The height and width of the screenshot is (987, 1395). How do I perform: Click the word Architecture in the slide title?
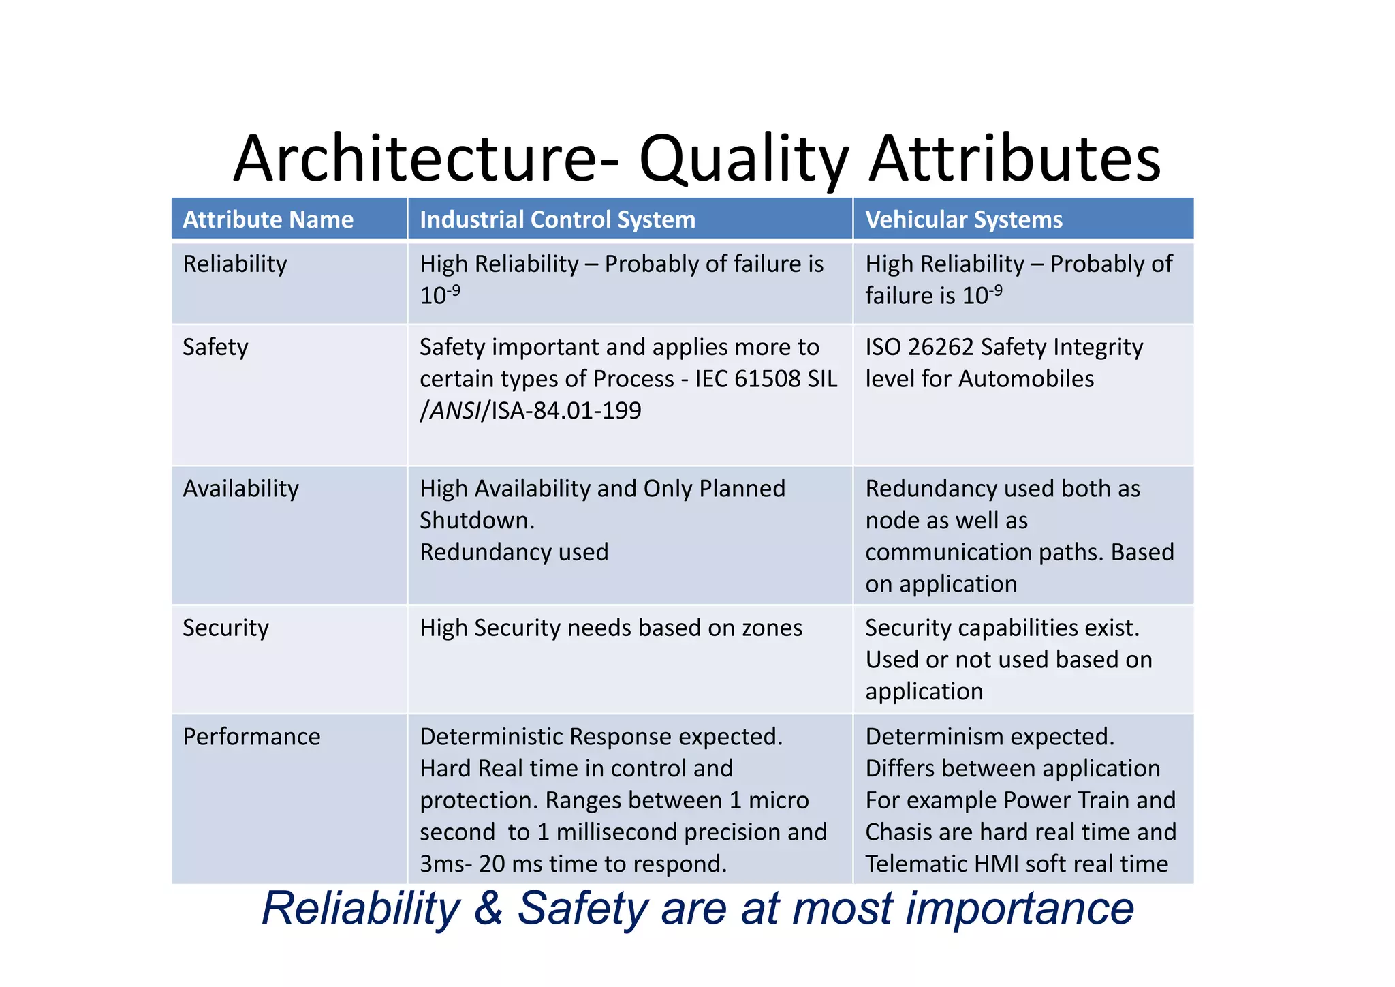coord(416,159)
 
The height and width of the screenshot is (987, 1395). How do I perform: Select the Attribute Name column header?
coord(268,219)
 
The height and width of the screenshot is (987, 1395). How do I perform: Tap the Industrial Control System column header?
coord(557,219)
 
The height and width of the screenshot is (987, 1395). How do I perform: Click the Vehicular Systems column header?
coord(963,219)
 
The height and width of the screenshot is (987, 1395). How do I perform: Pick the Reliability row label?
coord(234,264)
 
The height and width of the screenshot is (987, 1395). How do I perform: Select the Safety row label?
coord(215,347)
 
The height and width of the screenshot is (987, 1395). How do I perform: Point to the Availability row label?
coord(240,489)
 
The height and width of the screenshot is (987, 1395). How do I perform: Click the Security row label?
coord(225,628)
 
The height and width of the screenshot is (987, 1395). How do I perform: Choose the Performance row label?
coord(251,737)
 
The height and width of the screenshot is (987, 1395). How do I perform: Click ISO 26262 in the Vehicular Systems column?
coord(920,347)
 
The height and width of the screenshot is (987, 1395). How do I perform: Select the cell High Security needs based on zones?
coord(611,628)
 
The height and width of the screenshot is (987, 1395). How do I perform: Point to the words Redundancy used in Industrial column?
coord(514,552)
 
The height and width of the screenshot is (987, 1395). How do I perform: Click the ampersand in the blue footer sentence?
coord(488,909)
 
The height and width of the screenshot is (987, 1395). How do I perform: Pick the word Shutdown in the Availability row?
coord(476,521)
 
